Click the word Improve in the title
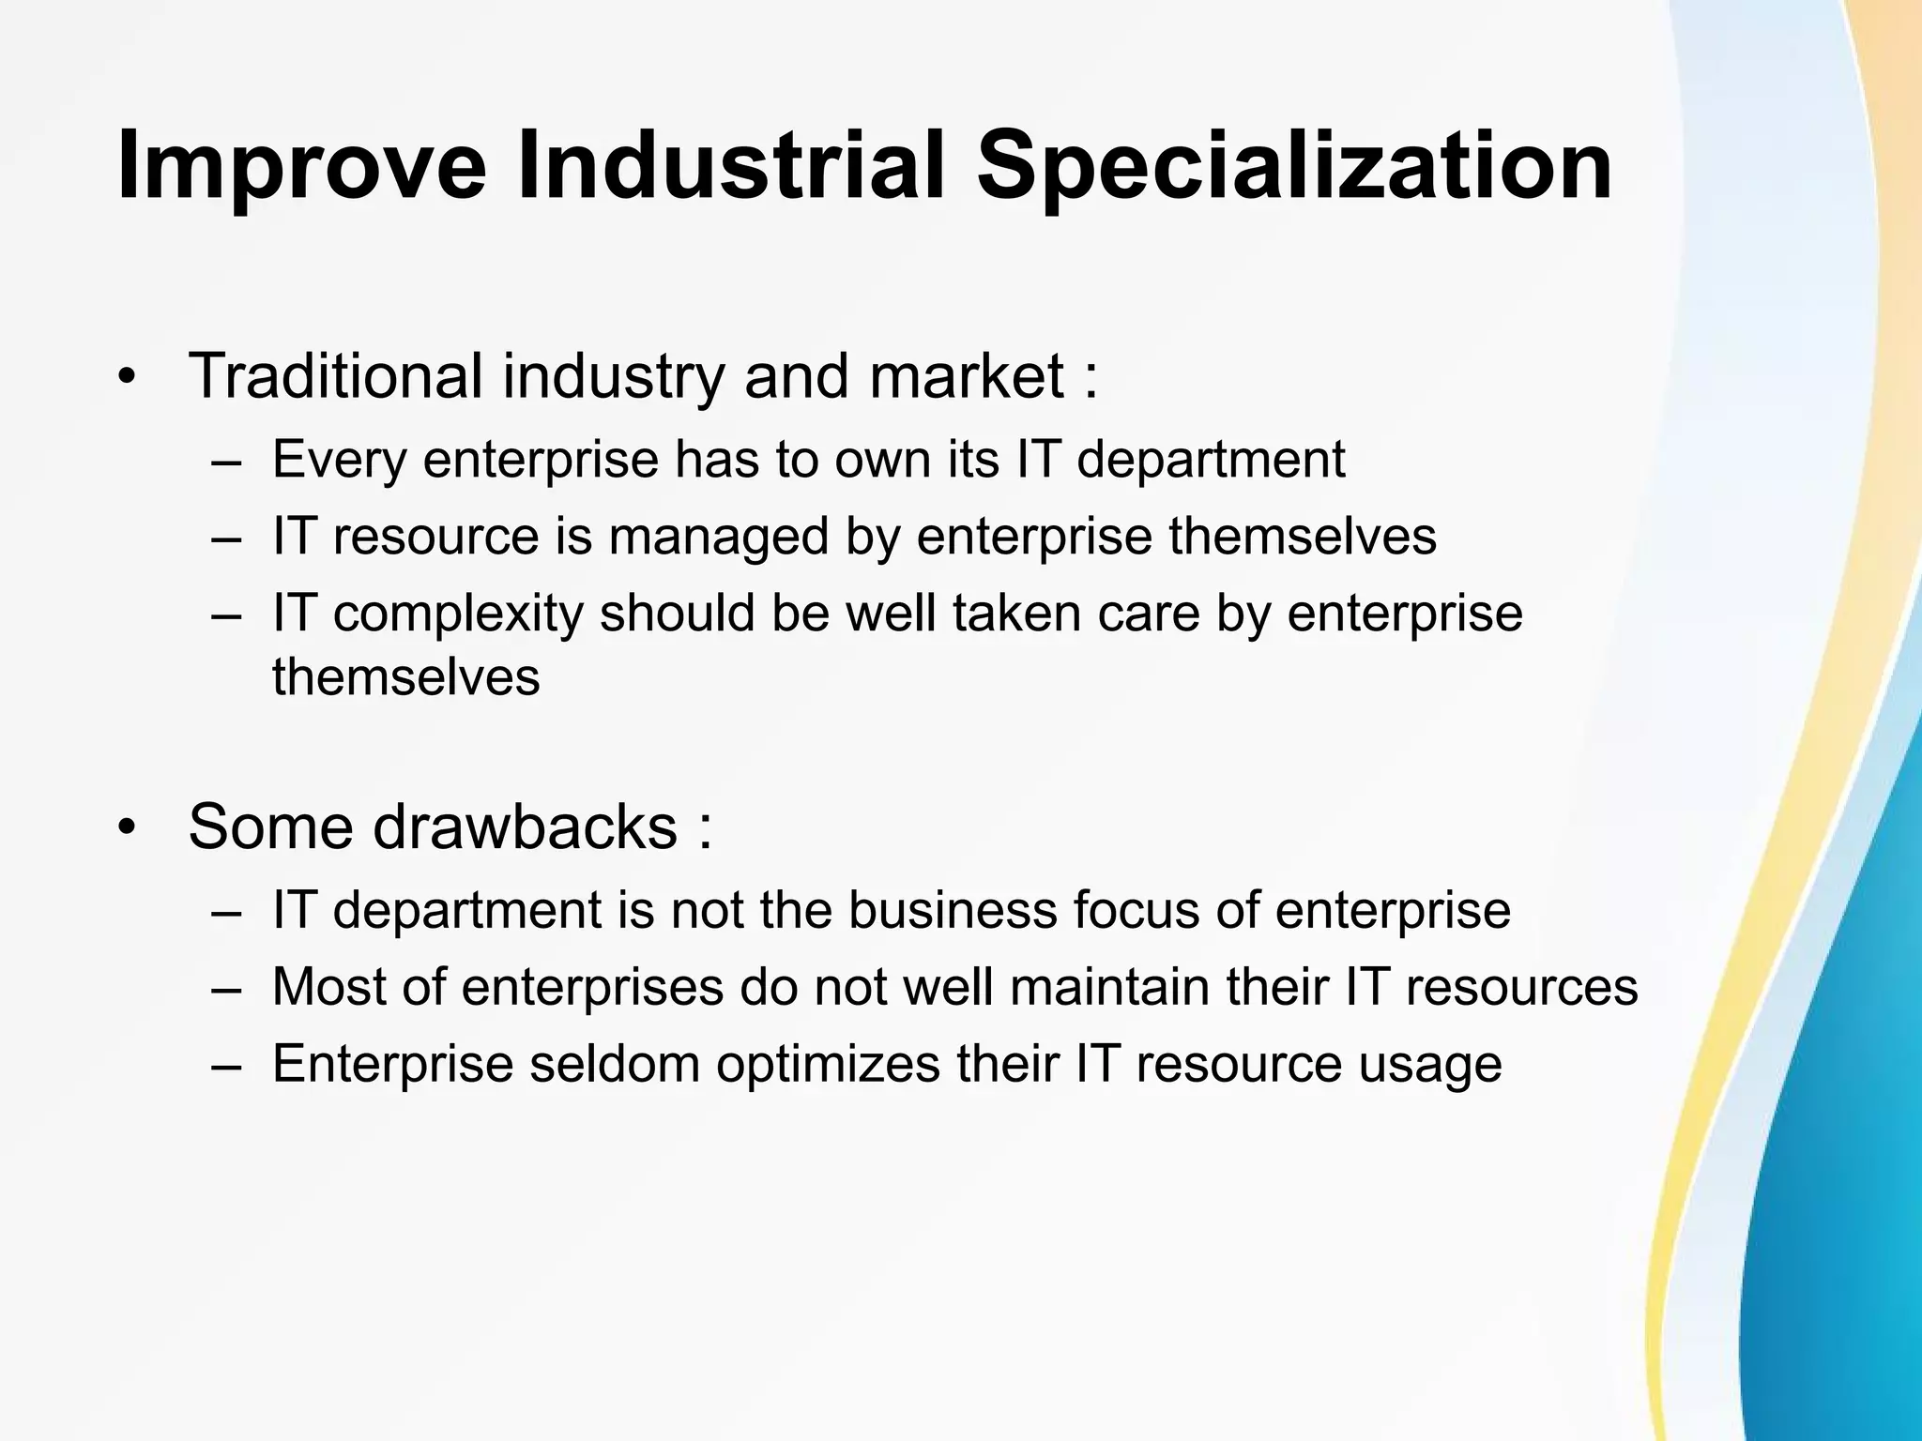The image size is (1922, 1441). coord(302,167)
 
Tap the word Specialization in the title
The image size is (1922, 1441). coord(1295,167)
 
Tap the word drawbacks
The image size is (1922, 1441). coord(526,827)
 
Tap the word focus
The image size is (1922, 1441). coord(1136,910)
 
